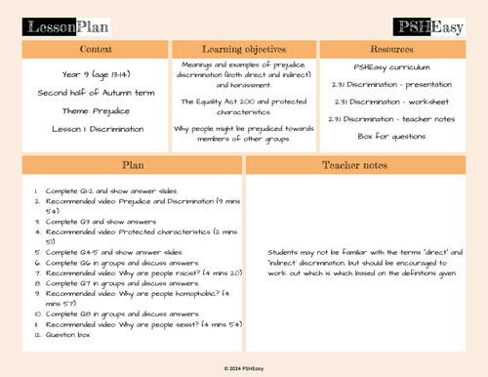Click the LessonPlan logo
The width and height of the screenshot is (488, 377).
(x=61, y=25)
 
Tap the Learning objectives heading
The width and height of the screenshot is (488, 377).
(x=243, y=48)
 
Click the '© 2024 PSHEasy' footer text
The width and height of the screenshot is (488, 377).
(x=244, y=367)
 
